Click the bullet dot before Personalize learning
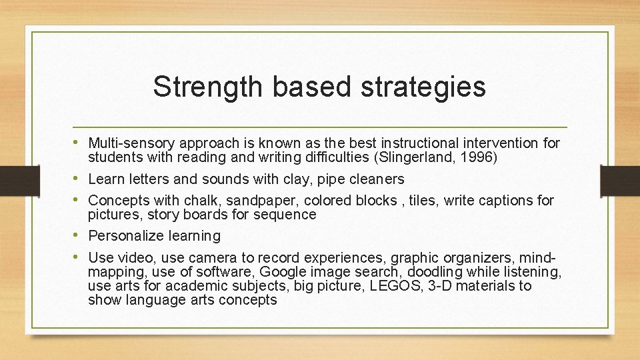80,235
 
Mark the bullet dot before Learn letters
80,179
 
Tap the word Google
281,271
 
